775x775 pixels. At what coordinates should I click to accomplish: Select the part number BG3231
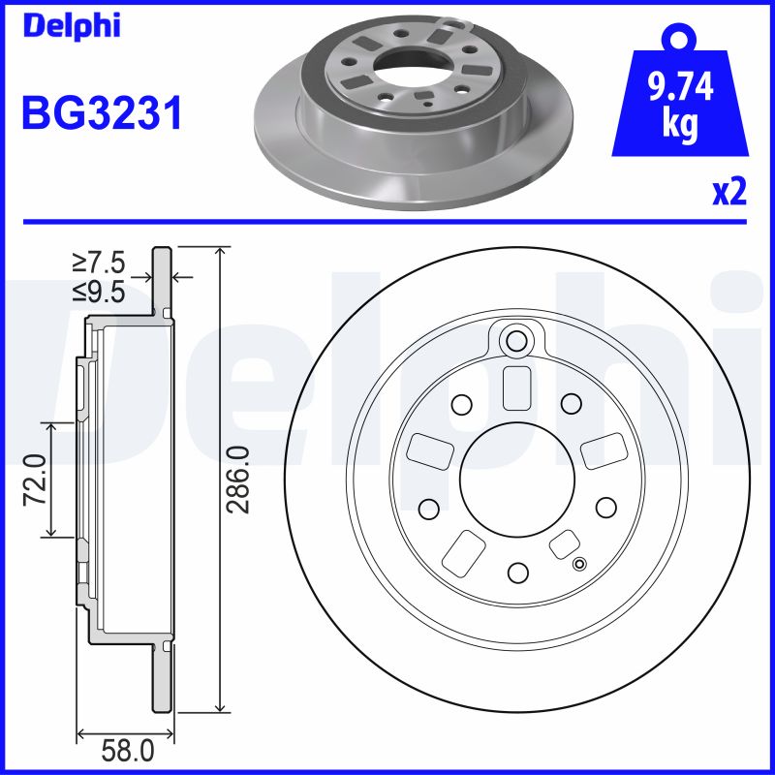(102, 115)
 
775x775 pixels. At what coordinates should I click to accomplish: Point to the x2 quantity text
(728, 193)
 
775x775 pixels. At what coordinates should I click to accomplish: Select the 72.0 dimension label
(35, 479)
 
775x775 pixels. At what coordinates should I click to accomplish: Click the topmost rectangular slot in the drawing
(516, 388)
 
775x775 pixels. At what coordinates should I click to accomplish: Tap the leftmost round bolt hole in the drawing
(427, 507)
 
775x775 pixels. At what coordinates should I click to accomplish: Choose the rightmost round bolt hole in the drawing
(605, 507)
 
